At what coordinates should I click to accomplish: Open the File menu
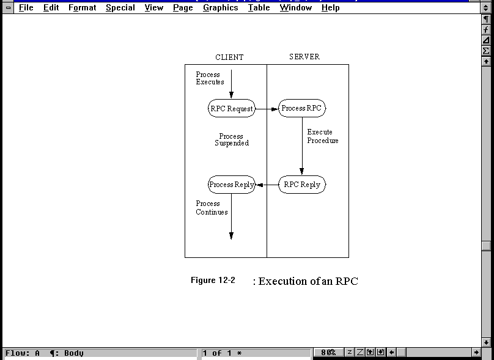tap(26, 8)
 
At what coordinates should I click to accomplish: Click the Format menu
tap(82, 8)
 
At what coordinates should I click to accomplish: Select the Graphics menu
tap(220, 8)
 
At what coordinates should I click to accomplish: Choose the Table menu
tap(259, 8)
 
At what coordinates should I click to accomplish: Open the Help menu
tap(330, 8)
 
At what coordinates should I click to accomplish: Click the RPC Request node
tap(231, 109)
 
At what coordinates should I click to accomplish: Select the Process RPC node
tap(301, 109)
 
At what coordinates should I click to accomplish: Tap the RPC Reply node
tap(302, 185)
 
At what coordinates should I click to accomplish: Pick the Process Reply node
tap(231, 185)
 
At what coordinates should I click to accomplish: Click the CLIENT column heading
tap(229, 57)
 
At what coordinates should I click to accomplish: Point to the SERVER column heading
tap(304, 57)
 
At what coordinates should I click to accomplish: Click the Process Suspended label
tap(231, 140)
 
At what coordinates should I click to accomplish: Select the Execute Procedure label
tap(322, 136)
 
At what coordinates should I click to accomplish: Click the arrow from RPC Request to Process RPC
tap(267, 109)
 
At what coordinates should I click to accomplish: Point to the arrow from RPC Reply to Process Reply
tap(267, 185)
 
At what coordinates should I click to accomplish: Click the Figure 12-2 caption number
tap(213, 281)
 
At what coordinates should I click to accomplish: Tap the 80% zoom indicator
tap(328, 353)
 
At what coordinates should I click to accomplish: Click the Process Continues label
tap(212, 208)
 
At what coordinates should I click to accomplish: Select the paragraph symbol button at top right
tap(486, 20)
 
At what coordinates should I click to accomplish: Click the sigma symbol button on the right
tap(486, 51)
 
